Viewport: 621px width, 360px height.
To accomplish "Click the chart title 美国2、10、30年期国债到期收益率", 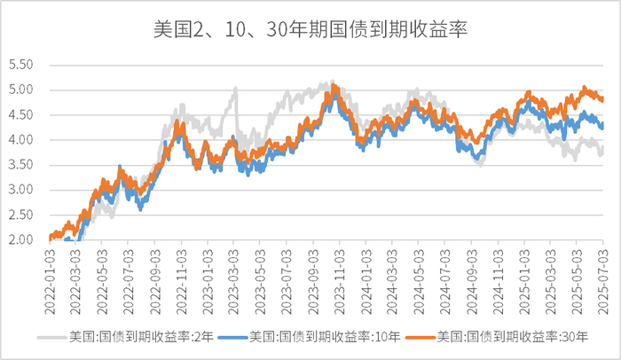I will [310, 29].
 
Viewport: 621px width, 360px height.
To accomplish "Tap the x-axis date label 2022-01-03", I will [51, 277].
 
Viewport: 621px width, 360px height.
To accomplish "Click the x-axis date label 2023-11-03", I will [342, 277].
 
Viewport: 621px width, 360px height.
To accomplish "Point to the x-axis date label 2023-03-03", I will [235, 277].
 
